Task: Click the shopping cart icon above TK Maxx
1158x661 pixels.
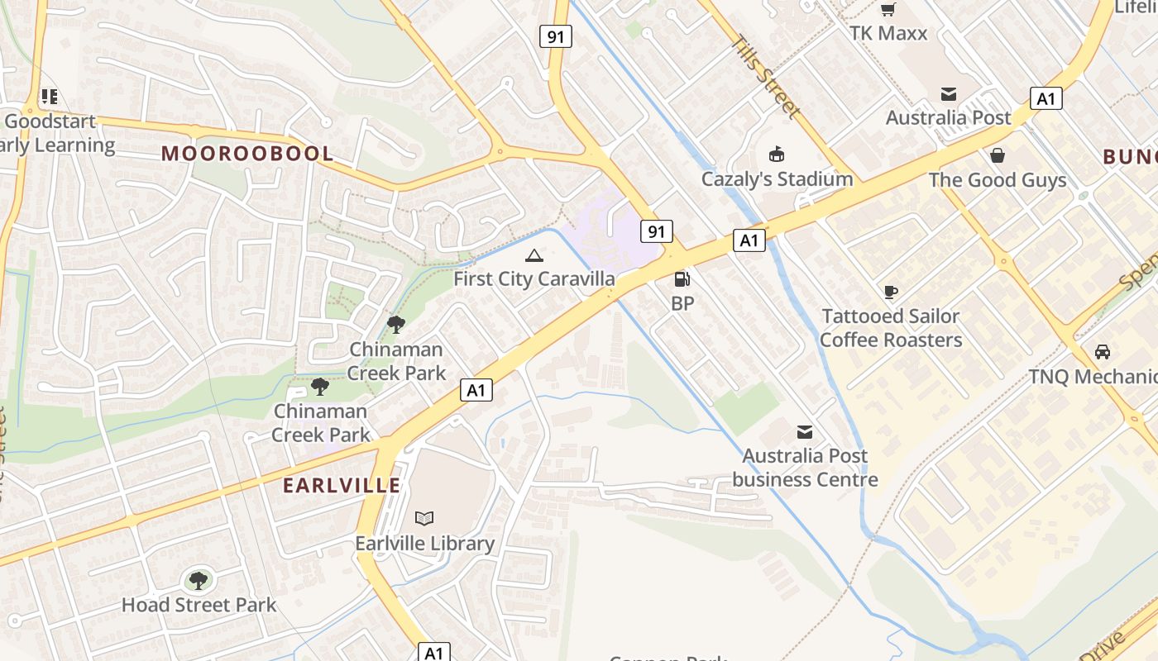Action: click(x=888, y=10)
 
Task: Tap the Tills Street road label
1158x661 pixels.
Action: click(x=766, y=76)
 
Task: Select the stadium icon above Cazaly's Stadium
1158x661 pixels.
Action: click(x=777, y=155)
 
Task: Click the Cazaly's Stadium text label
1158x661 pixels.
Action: click(x=777, y=178)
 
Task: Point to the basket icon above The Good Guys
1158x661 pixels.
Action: click(x=998, y=155)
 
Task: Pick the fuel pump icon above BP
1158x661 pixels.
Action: click(x=682, y=279)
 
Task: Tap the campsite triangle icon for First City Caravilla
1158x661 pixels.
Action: click(x=534, y=255)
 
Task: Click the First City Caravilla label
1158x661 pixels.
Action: click(x=534, y=278)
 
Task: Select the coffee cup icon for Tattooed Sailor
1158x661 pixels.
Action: click(x=890, y=292)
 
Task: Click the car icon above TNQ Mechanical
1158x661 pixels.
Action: click(x=1102, y=352)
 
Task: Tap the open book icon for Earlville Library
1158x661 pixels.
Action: click(x=424, y=518)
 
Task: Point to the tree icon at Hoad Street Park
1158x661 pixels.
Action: click(x=199, y=580)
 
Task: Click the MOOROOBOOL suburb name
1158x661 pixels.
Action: click(x=247, y=154)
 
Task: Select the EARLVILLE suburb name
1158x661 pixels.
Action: click(x=342, y=485)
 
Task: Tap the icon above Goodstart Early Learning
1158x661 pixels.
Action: click(x=50, y=97)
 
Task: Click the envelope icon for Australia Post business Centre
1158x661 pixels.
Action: click(x=804, y=432)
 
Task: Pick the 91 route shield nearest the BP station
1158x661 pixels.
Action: click(x=656, y=231)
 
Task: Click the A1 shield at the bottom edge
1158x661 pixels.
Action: click(x=433, y=652)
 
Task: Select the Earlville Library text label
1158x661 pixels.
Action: click(x=424, y=543)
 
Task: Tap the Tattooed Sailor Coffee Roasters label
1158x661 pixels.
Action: click(x=890, y=328)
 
